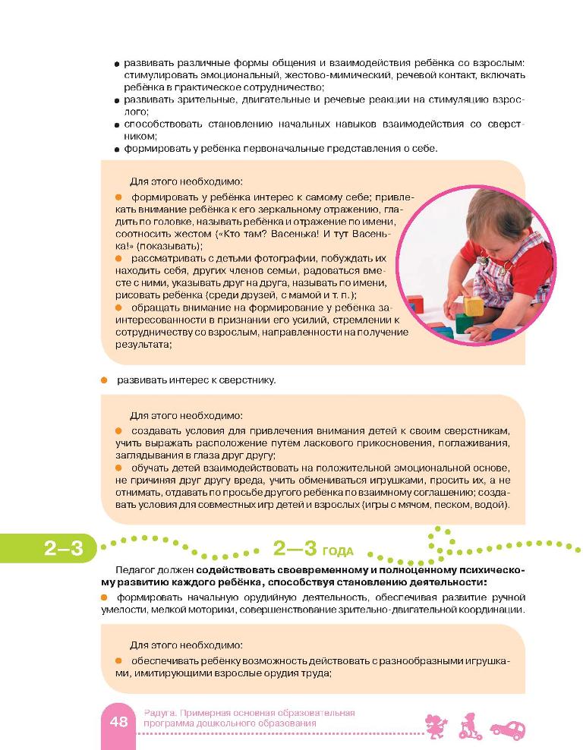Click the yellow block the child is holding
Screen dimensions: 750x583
click(474, 307)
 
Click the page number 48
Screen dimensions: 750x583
click(118, 722)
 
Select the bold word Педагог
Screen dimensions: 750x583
click(137, 569)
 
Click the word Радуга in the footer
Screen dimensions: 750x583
click(159, 713)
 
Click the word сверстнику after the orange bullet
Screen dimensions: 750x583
click(248, 380)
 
